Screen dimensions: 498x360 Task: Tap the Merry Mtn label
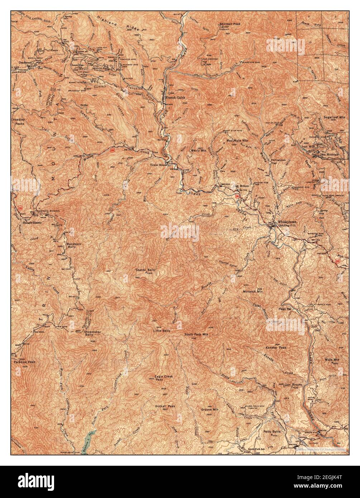(x=198, y=150)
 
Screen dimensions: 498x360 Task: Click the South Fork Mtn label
(x=196, y=334)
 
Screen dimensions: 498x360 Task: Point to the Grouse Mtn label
(x=210, y=409)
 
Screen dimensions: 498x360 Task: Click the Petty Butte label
(x=271, y=432)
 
